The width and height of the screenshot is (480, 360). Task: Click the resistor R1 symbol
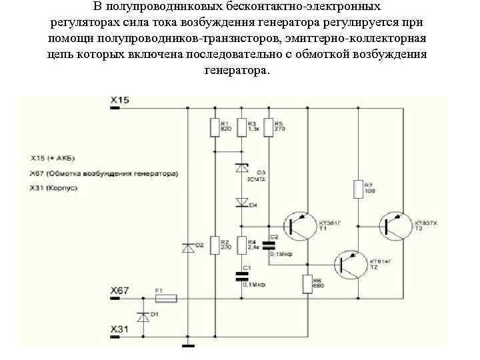click(x=214, y=127)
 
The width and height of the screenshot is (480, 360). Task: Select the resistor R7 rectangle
click(x=358, y=189)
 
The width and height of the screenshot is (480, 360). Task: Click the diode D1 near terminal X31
click(x=141, y=316)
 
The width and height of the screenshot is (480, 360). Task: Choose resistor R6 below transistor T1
click(x=307, y=284)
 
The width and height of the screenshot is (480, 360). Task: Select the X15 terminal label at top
click(x=119, y=100)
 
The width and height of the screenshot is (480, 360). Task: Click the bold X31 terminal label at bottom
click(x=119, y=330)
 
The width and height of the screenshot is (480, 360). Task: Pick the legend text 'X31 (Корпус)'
click(x=55, y=189)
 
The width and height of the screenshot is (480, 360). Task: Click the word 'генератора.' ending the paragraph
click(x=238, y=70)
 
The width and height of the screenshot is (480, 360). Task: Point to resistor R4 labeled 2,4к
click(x=241, y=245)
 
